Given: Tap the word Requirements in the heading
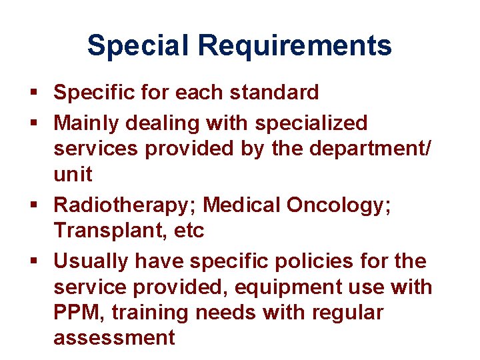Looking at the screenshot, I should (x=295, y=46).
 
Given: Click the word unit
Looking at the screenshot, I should (x=73, y=175).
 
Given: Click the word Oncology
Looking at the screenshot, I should (x=339, y=205).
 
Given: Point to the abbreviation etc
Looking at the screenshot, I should (x=188, y=231).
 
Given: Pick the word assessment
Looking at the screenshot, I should (x=114, y=338).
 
